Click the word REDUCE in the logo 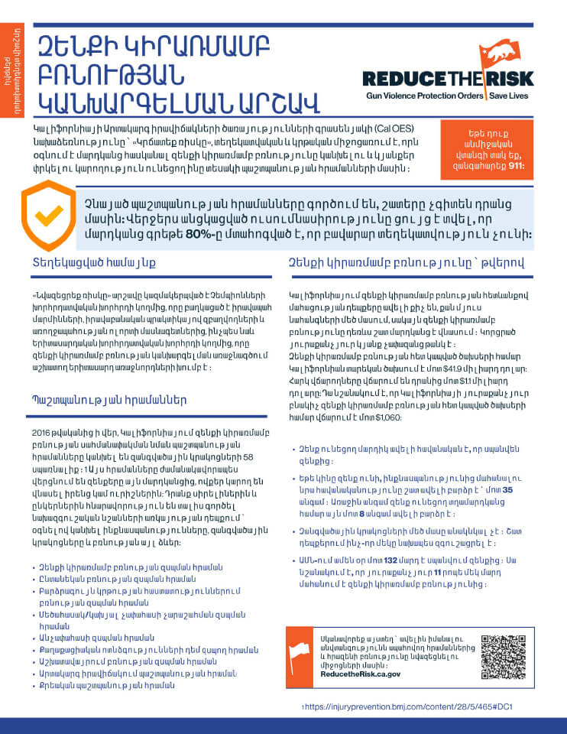pos(403,79)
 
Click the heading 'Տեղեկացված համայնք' pos(94,263)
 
